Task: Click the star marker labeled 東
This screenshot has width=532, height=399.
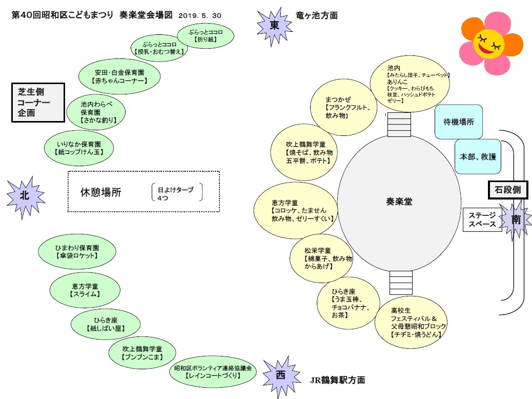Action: [x=274, y=26]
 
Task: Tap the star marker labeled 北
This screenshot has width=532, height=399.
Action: [x=25, y=196]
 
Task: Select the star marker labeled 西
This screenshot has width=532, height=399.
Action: [x=281, y=376]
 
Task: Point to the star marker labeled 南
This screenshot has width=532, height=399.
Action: [x=516, y=220]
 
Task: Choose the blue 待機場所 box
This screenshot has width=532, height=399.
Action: [x=458, y=122]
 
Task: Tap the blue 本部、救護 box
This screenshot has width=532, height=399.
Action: [x=478, y=156]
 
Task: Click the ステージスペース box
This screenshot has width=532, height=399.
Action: [x=482, y=220]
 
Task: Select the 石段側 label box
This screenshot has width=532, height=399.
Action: [x=508, y=190]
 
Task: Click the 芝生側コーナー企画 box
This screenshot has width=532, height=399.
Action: [x=38, y=102]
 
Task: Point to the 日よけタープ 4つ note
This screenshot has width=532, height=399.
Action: [x=177, y=192]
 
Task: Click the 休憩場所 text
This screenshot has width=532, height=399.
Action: [x=101, y=192]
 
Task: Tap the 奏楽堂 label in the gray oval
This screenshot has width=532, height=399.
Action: [x=399, y=202]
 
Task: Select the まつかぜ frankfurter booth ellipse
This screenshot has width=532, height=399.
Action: [x=344, y=107]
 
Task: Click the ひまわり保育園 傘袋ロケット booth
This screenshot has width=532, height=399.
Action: [x=77, y=251]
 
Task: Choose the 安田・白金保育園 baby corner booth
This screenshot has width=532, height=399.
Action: [x=119, y=76]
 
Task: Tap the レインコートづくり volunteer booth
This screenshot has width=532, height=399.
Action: [x=213, y=372]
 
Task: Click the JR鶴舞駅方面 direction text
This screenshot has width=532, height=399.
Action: [x=338, y=380]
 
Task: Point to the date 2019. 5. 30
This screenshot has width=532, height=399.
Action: [x=200, y=15]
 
